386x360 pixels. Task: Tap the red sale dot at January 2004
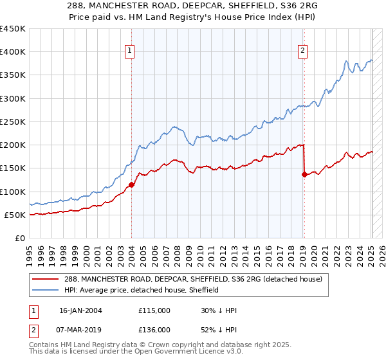coord(131,185)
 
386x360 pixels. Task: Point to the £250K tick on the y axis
coord(13,122)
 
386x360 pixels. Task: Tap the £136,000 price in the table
coord(154,329)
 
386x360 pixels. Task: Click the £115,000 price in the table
coord(154,310)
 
